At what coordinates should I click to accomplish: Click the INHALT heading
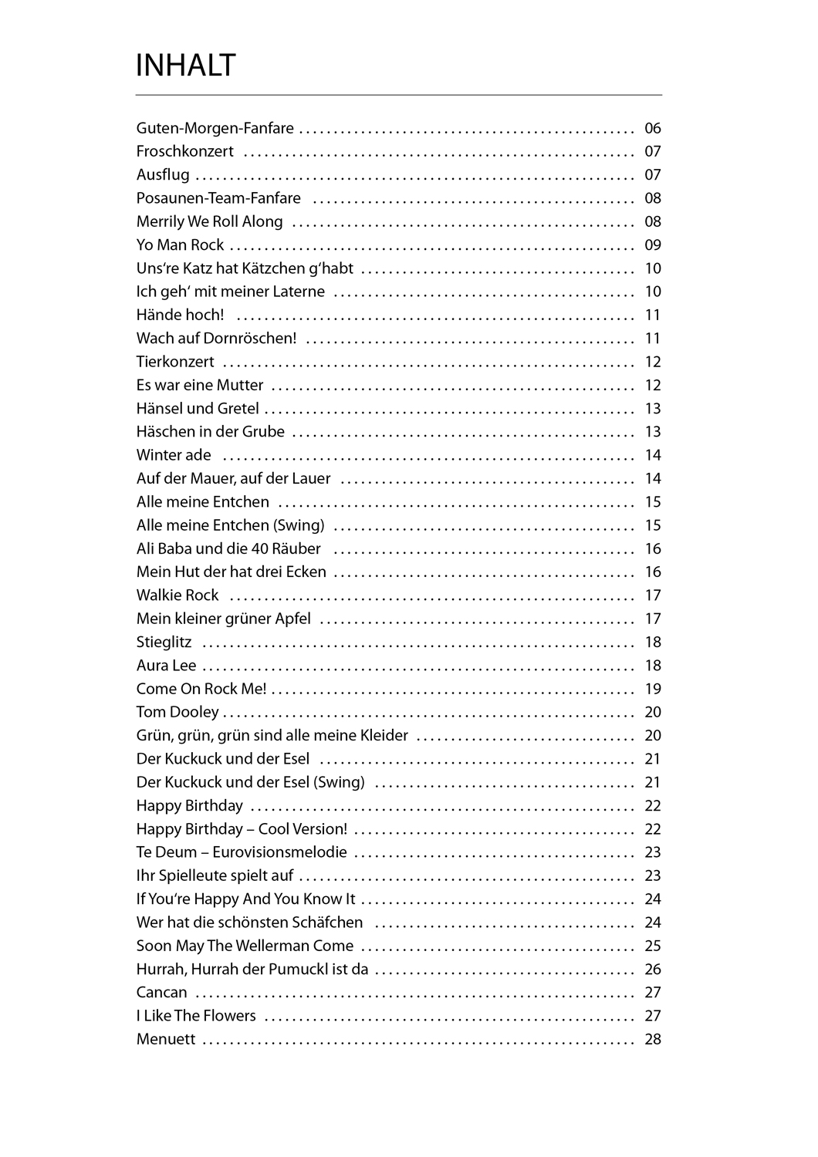pos(185,66)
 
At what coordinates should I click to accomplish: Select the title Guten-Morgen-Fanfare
pos(215,128)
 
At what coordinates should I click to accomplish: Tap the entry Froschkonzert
pos(184,151)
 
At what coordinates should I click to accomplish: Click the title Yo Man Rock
pos(180,245)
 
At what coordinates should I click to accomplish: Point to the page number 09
pos(653,245)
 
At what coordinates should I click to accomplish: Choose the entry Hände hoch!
pos(180,315)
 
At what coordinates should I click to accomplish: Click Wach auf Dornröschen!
pos(216,339)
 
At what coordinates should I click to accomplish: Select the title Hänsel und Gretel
pos(198,408)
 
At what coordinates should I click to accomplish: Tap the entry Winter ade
pos(174,455)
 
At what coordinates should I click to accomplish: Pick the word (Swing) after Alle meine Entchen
pos(299,525)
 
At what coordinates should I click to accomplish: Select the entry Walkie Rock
pos(177,595)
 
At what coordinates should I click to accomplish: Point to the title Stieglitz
pos(164,642)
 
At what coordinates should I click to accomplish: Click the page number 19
pos(653,689)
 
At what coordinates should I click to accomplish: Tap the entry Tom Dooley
pos(177,712)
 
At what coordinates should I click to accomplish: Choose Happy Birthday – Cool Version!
pos(242,829)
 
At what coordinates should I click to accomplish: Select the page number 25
pos(653,946)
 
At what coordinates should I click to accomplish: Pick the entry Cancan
pos(161,993)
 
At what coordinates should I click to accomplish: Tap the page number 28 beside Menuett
pos(653,1039)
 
